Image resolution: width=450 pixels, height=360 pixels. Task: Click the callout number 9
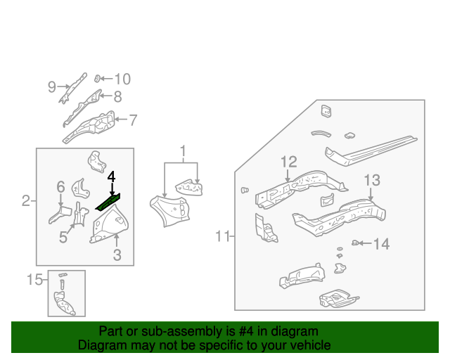tap(52, 87)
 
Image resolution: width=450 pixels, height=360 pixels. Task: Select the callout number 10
tap(122, 79)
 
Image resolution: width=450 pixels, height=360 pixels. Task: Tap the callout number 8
tap(117, 97)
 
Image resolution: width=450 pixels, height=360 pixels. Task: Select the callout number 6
tap(60, 187)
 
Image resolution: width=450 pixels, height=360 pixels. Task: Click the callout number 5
tap(63, 238)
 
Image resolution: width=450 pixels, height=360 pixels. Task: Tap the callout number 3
tap(117, 255)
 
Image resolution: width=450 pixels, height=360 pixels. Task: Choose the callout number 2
tap(25, 202)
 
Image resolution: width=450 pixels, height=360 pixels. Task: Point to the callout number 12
tap(289, 162)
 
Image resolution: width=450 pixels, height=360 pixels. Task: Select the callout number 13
tap(371, 180)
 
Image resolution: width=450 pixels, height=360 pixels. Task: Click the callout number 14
tap(381, 244)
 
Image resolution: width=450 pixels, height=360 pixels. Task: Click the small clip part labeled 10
tap(99, 78)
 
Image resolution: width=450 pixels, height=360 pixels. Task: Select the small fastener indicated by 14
tap(355, 243)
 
